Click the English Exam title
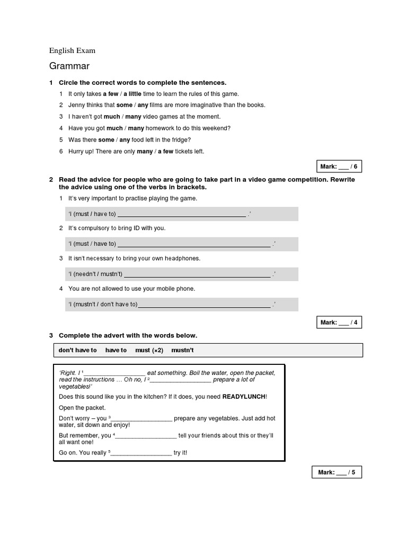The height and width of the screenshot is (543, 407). (72, 50)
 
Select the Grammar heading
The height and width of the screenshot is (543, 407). (69, 66)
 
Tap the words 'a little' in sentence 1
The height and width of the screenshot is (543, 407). (133, 94)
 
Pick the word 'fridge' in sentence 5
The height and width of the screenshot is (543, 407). (180, 140)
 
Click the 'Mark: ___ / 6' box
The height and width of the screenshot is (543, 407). (339, 167)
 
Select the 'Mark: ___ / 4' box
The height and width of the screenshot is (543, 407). (339, 322)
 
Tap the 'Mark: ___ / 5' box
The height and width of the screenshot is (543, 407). (337, 472)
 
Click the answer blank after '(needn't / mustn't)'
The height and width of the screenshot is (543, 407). (197, 275)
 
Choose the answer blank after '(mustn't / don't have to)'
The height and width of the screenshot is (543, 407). (204, 305)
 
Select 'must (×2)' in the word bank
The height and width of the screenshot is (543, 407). (149, 351)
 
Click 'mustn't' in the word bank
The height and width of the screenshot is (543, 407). (182, 351)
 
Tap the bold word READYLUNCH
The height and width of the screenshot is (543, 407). (243, 397)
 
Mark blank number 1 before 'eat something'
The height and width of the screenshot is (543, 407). (114, 373)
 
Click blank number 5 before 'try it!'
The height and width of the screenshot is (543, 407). (141, 453)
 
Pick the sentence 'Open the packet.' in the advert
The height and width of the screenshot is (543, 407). (82, 408)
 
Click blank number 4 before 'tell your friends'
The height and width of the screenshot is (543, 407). (146, 436)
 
